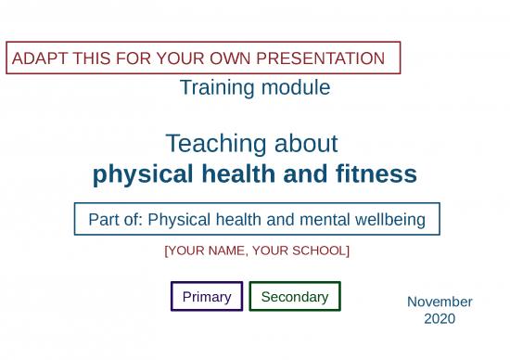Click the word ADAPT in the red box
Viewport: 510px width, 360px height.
pyautogui.click(x=33, y=59)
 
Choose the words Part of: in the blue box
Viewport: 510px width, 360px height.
pyautogui.click(x=116, y=220)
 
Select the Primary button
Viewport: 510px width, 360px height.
pyautogui.click(x=207, y=297)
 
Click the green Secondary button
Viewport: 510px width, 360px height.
pyautogui.click(x=295, y=297)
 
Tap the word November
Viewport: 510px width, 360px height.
pyautogui.click(x=440, y=302)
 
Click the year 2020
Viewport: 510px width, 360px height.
pyautogui.click(x=440, y=319)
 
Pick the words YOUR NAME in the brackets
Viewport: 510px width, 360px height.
pyautogui.click(x=206, y=251)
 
